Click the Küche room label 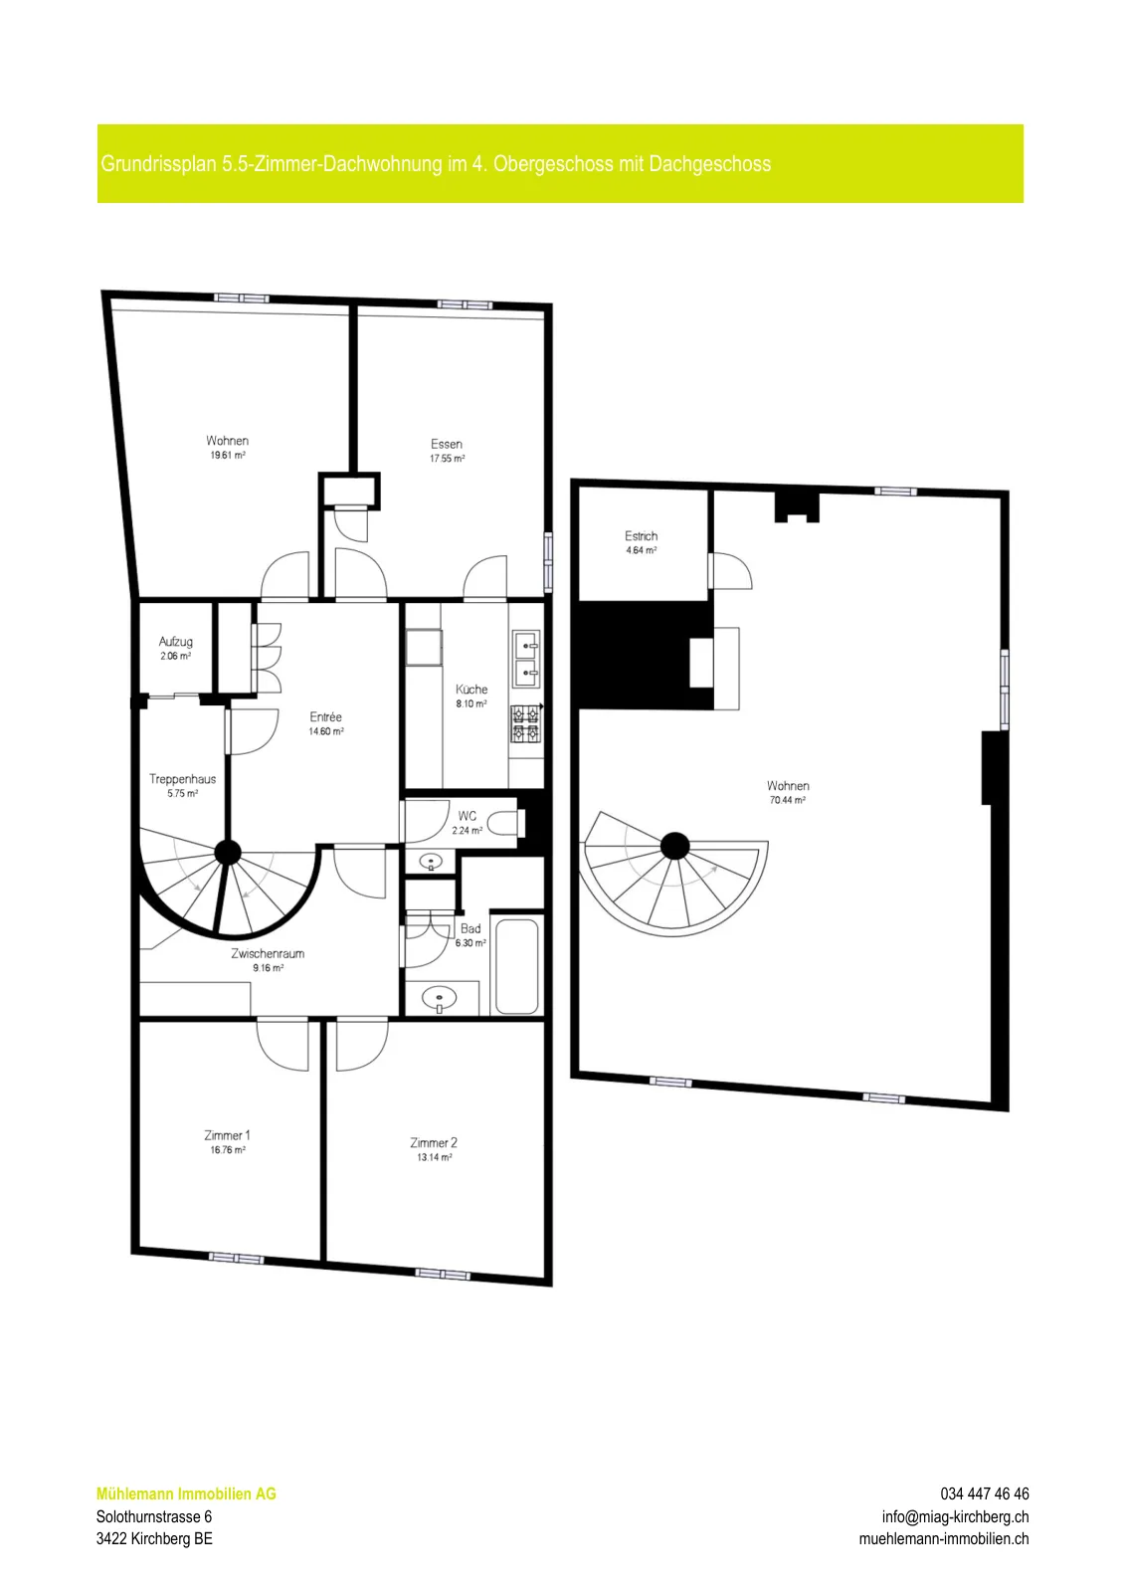[x=471, y=689]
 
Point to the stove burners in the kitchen [x=526, y=723]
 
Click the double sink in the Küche [x=526, y=659]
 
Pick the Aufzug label [x=175, y=642]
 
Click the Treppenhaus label [x=183, y=779]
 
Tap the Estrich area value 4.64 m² [x=641, y=550]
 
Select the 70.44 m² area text [x=787, y=800]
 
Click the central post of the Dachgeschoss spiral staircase [x=674, y=846]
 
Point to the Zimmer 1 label [x=228, y=1135]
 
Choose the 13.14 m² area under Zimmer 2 [x=434, y=1157]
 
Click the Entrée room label [x=325, y=716]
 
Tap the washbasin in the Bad [x=440, y=999]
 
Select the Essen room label [x=447, y=444]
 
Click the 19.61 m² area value [x=228, y=455]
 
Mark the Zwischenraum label [x=268, y=953]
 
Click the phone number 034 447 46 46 [x=985, y=1493]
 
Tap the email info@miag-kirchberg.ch [x=956, y=1516]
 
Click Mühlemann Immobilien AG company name [x=186, y=1493]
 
